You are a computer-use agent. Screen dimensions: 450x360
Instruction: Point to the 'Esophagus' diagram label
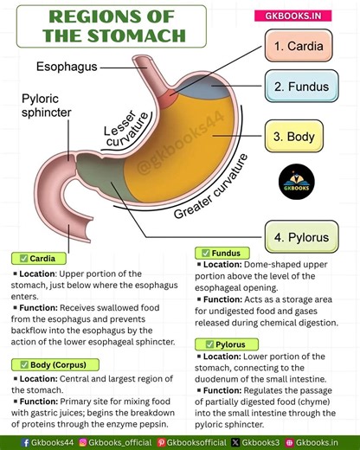click(67, 66)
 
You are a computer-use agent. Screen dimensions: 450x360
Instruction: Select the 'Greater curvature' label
click(210, 186)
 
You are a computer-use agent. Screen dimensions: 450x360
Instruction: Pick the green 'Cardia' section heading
click(39, 258)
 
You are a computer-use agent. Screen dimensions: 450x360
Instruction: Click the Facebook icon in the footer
click(9, 441)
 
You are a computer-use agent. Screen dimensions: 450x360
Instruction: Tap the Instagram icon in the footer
click(83, 441)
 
